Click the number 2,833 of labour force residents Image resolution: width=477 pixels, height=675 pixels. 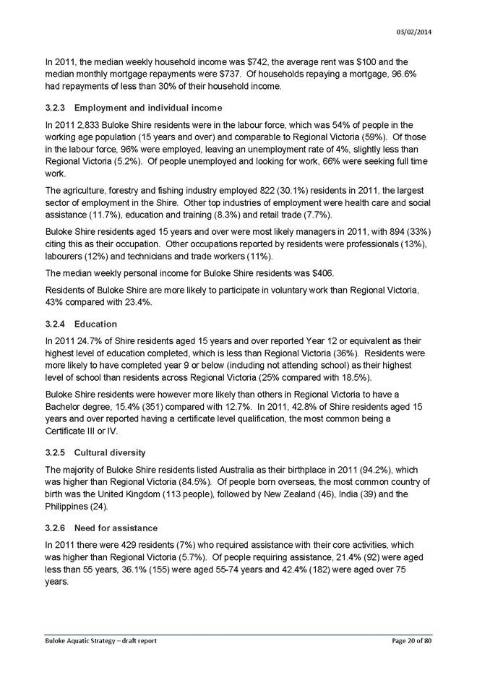pyautogui.click(x=80, y=125)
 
